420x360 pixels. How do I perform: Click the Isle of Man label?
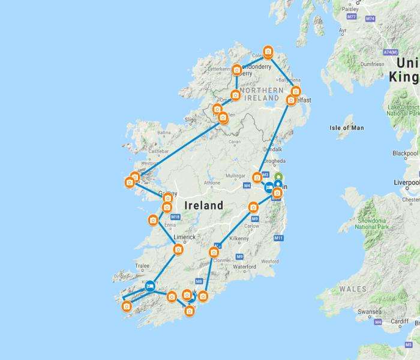347,127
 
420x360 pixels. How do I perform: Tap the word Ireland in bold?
204,205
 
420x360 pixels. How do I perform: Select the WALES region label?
353,289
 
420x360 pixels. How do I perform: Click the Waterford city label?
245,266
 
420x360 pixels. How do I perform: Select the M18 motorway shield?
175,217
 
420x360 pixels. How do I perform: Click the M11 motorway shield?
278,238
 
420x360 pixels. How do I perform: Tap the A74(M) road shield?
391,52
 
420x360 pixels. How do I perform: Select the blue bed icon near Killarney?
150,286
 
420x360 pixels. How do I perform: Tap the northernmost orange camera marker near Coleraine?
268,52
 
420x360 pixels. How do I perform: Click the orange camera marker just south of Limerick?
178,249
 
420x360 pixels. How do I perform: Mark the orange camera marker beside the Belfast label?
291,100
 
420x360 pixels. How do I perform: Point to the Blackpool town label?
406,153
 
